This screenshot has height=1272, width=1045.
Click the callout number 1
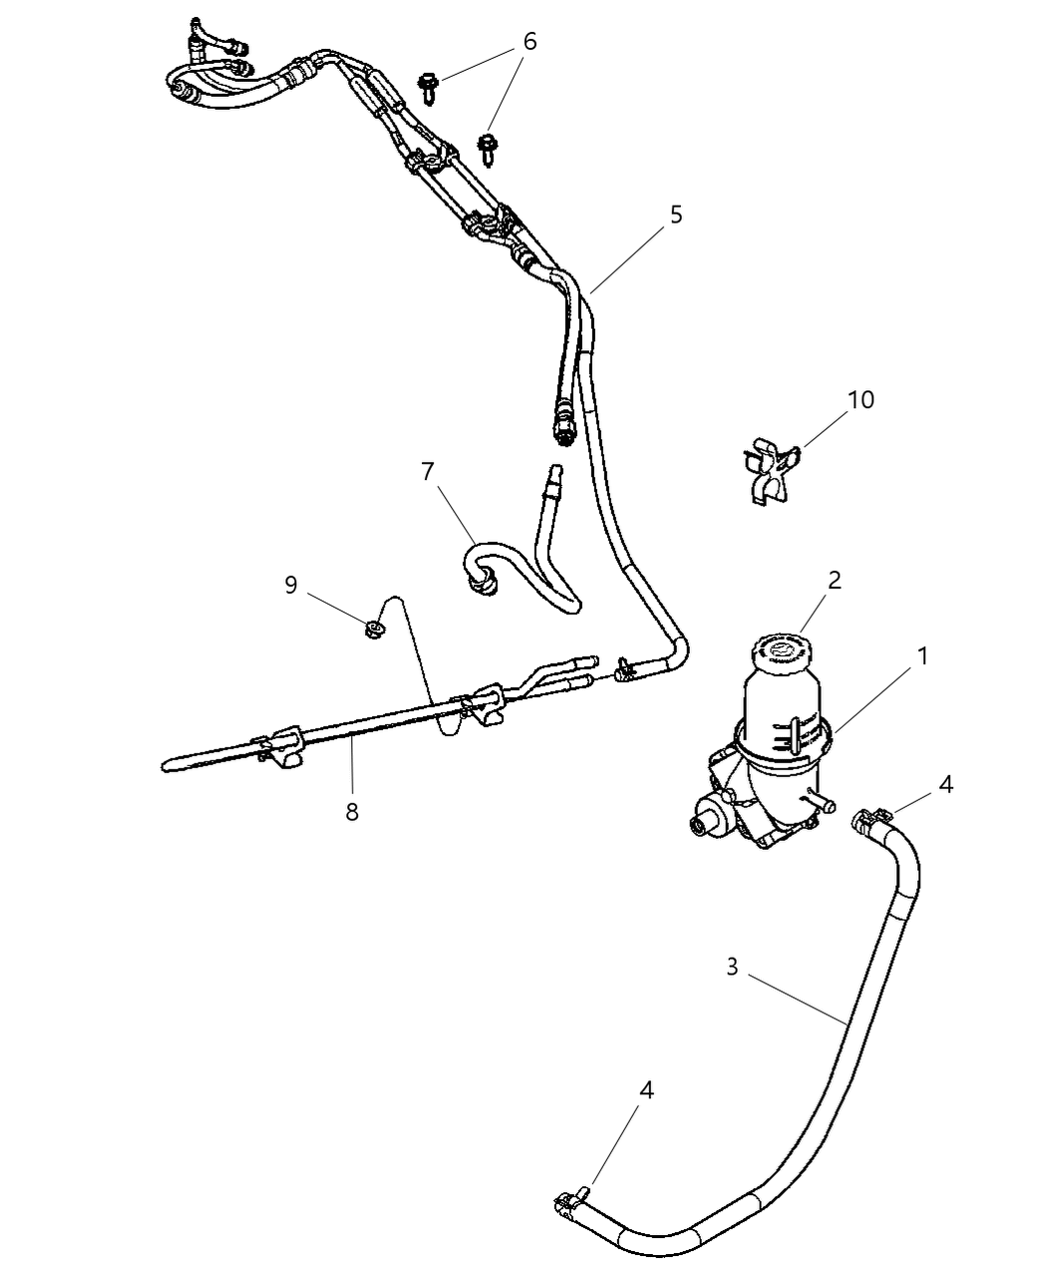point(923,656)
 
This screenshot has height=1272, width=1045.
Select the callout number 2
point(834,581)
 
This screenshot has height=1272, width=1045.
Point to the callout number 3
point(732,967)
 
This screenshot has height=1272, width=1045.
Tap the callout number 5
point(676,214)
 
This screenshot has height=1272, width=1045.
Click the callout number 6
point(529,42)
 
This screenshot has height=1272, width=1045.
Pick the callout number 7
point(428,472)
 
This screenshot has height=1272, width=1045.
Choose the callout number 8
point(352,812)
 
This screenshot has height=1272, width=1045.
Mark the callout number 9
point(291,585)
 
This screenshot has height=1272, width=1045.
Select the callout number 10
point(861,400)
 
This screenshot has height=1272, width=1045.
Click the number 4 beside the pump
point(945,785)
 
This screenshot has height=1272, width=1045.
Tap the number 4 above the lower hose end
point(646,1091)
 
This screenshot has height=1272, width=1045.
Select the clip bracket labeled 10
point(770,470)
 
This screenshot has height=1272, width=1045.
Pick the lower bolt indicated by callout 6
point(489,147)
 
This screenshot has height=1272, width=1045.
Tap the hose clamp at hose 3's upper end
point(866,820)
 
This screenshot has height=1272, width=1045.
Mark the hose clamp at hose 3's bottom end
point(570,1201)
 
